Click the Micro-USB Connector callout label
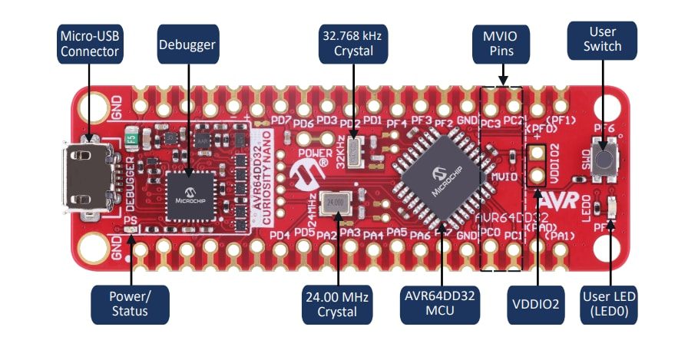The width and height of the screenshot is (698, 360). coord(88,44)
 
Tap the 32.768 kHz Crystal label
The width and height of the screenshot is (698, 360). coord(354,44)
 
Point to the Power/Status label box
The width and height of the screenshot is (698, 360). coord(130,302)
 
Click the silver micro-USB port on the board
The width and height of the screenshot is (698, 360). coord(91,176)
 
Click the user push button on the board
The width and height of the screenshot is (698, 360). coord(605,160)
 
